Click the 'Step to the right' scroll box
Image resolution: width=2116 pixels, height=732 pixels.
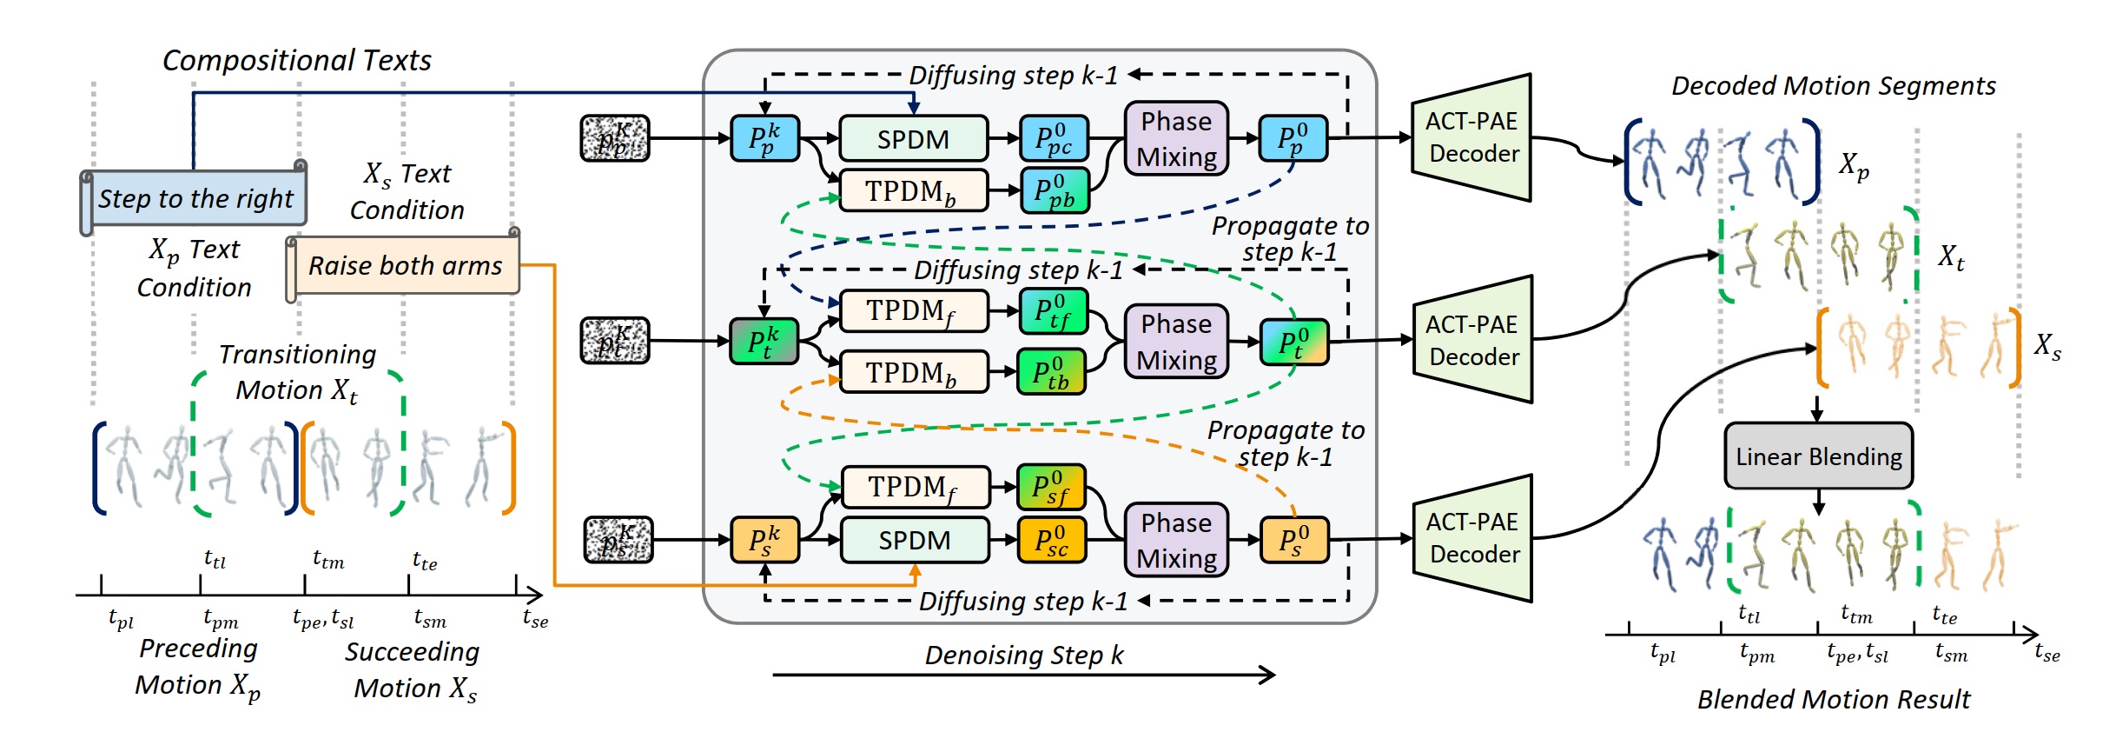[195, 198]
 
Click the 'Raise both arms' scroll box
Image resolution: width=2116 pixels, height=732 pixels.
[405, 265]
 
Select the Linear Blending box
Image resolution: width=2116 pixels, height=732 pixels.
[1818, 456]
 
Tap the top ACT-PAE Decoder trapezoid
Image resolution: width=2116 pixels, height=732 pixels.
[1471, 137]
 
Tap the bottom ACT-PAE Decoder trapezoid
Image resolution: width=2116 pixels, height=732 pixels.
[1472, 538]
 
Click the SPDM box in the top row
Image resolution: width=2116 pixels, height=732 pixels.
[913, 139]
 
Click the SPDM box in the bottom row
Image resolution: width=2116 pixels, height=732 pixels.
[915, 540]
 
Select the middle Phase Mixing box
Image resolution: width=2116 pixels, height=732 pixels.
[1176, 341]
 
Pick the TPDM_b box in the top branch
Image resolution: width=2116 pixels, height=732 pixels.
[913, 191]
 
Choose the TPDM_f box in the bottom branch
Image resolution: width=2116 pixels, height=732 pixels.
[915, 487]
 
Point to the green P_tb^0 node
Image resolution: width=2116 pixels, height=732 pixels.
[1051, 372]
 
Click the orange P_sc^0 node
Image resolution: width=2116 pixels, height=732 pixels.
[1051, 540]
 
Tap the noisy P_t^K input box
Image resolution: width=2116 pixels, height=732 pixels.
[615, 341]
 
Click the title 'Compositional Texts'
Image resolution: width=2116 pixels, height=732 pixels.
[296, 60]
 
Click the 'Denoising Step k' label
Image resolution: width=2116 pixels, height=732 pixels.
[1023, 655]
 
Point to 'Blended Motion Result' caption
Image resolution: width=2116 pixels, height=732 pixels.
[1833, 699]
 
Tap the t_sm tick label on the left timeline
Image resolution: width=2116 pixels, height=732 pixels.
[430, 619]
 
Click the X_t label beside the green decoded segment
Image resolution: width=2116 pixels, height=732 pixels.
[1951, 256]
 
